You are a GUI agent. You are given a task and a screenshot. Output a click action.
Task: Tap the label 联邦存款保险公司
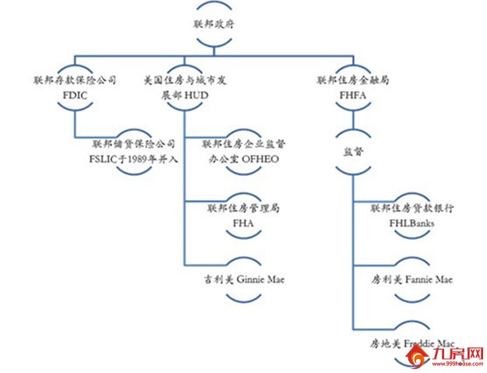[75, 80]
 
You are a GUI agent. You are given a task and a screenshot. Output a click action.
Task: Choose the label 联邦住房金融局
[354, 80]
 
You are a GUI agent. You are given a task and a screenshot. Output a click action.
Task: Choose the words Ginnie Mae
[259, 277]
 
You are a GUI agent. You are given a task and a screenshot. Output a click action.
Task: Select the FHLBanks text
[412, 223]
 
